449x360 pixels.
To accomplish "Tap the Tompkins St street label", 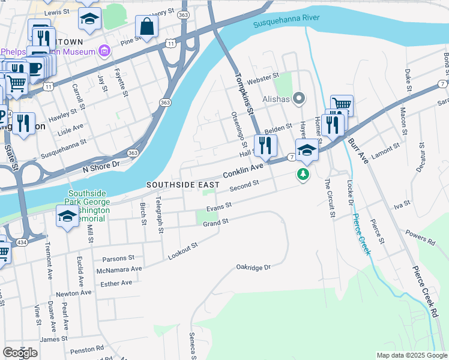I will click(x=243, y=91).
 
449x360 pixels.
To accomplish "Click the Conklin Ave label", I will click(x=243, y=170).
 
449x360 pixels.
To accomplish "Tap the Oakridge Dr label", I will click(x=253, y=266).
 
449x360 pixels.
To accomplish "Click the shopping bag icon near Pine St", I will click(x=146, y=26).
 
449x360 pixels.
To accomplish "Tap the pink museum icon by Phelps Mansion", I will click(x=104, y=51).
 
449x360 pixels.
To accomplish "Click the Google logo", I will click(x=20, y=352).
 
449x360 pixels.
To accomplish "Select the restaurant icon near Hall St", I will click(x=265, y=145).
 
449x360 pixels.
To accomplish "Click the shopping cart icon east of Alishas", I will click(x=342, y=105).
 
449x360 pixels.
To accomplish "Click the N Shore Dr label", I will click(x=101, y=163).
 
